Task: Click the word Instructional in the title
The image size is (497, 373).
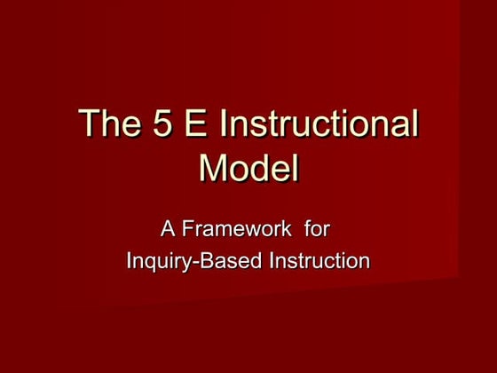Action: coord(318,124)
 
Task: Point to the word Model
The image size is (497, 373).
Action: coord(248,168)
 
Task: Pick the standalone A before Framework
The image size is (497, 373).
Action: coord(167,229)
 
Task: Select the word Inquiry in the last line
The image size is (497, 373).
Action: coord(158,261)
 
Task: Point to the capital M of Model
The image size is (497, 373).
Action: coord(213,168)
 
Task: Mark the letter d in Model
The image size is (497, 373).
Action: coord(263,168)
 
